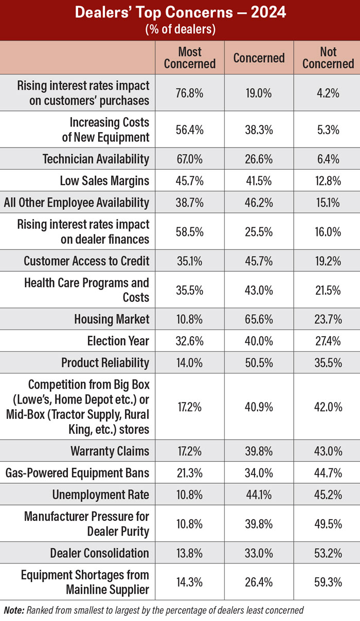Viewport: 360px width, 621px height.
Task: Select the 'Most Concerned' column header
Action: [190, 58]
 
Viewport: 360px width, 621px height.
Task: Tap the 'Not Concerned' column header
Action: [328, 58]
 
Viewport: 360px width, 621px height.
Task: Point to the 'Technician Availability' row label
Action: [96, 159]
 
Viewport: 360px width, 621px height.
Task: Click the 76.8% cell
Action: [190, 93]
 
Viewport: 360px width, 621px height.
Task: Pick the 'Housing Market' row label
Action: [112, 319]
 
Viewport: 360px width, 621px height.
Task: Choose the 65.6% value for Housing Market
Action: [259, 319]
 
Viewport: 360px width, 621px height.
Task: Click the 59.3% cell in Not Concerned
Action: [328, 582]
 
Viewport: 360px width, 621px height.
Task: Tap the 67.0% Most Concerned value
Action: [190, 159]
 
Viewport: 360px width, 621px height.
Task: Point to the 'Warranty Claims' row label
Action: [110, 451]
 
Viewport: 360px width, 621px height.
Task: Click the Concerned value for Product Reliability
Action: [259, 362]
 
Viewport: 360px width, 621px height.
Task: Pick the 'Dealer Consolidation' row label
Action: [99, 553]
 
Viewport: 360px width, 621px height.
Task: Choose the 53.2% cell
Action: [328, 553]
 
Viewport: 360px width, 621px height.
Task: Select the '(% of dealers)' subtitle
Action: [179, 29]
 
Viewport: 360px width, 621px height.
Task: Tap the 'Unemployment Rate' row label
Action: [100, 495]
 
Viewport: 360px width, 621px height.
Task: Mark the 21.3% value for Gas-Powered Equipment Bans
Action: [190, 473]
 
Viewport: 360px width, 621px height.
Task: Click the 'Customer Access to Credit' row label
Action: [86, 261]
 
